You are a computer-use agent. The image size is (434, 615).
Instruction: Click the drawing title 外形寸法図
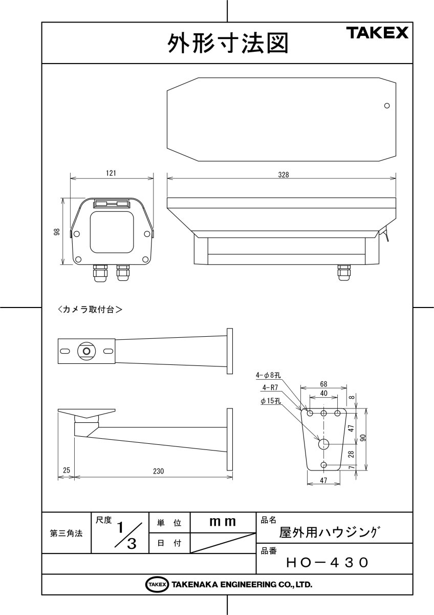click(x=227, y=44)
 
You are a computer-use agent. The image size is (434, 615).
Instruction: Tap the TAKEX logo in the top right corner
click(x=378, y=33)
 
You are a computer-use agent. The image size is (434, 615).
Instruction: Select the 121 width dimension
click(x=111, y=174)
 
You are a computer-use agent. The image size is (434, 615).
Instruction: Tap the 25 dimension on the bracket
click(x=66, y=469)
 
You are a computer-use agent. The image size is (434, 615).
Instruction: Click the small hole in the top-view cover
click(x=387, y=106)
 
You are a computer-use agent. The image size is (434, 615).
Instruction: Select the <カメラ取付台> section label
click(x=90, y=310)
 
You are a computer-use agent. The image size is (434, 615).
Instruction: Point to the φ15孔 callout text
click(x=271, y=401)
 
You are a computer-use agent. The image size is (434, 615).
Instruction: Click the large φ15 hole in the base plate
click(x=324, y=444)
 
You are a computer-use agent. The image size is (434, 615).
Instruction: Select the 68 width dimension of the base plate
click(x=323, y=383)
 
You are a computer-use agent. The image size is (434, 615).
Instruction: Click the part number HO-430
click(x=327, y=562)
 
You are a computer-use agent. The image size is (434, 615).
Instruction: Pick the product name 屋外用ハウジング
click(x=328, y=532)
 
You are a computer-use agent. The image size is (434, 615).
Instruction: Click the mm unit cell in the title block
click(x=223, y=522)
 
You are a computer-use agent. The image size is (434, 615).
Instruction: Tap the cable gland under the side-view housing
click(x=343, y=273)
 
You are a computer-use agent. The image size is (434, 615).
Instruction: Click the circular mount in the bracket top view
click(x=86, y=351)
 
